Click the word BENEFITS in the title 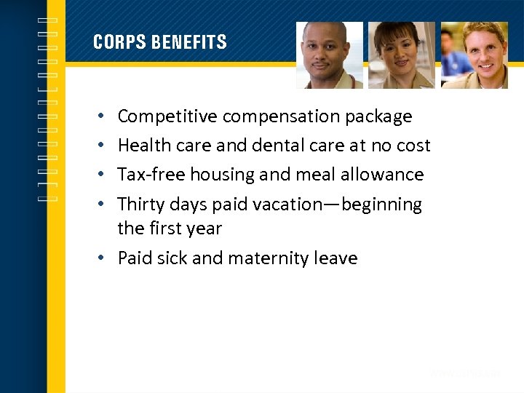point(189,42)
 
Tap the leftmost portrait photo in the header point(329,55)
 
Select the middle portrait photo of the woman point(401,55)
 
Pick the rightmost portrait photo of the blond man point(474,55)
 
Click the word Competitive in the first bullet point(167,116)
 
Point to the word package point(378,116)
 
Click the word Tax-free point(151,175)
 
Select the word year point(203,229)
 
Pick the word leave point(337,258)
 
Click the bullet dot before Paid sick point(100,258)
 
